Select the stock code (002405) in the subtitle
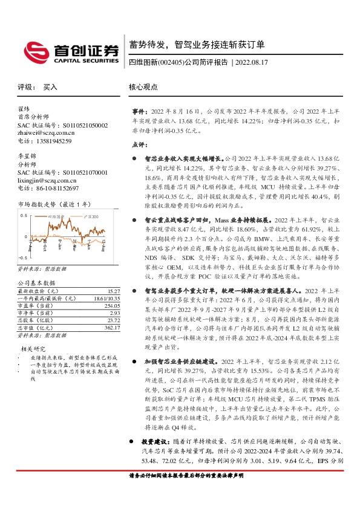pyautogui.click(x=169, y=62)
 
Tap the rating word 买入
pyautogui.click(x=50, y=87)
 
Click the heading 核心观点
pyautogui.click(x=143, y=87)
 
